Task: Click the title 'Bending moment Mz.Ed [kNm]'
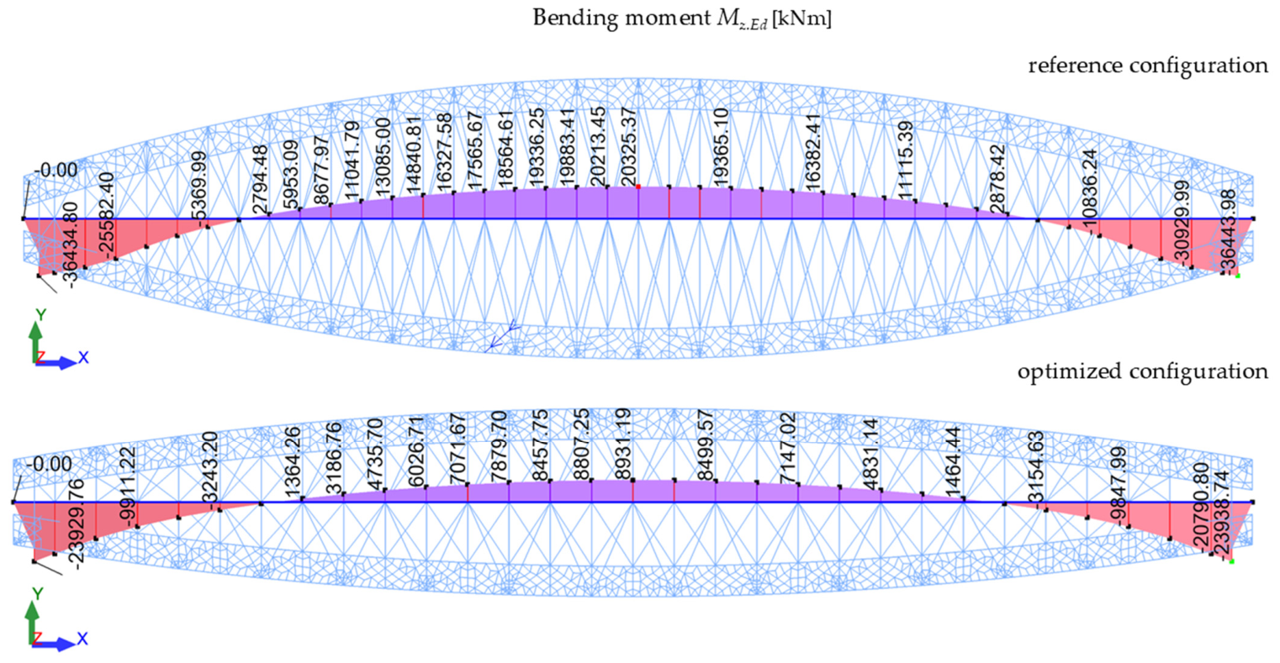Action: pos(682,18)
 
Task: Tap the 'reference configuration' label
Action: pos(1148,66)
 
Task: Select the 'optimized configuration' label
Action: pos(1143,371)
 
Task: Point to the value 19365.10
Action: pos(721,147)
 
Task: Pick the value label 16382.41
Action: pos(812,153)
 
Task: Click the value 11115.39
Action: pos(905,160)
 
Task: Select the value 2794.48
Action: pos(259,180)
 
